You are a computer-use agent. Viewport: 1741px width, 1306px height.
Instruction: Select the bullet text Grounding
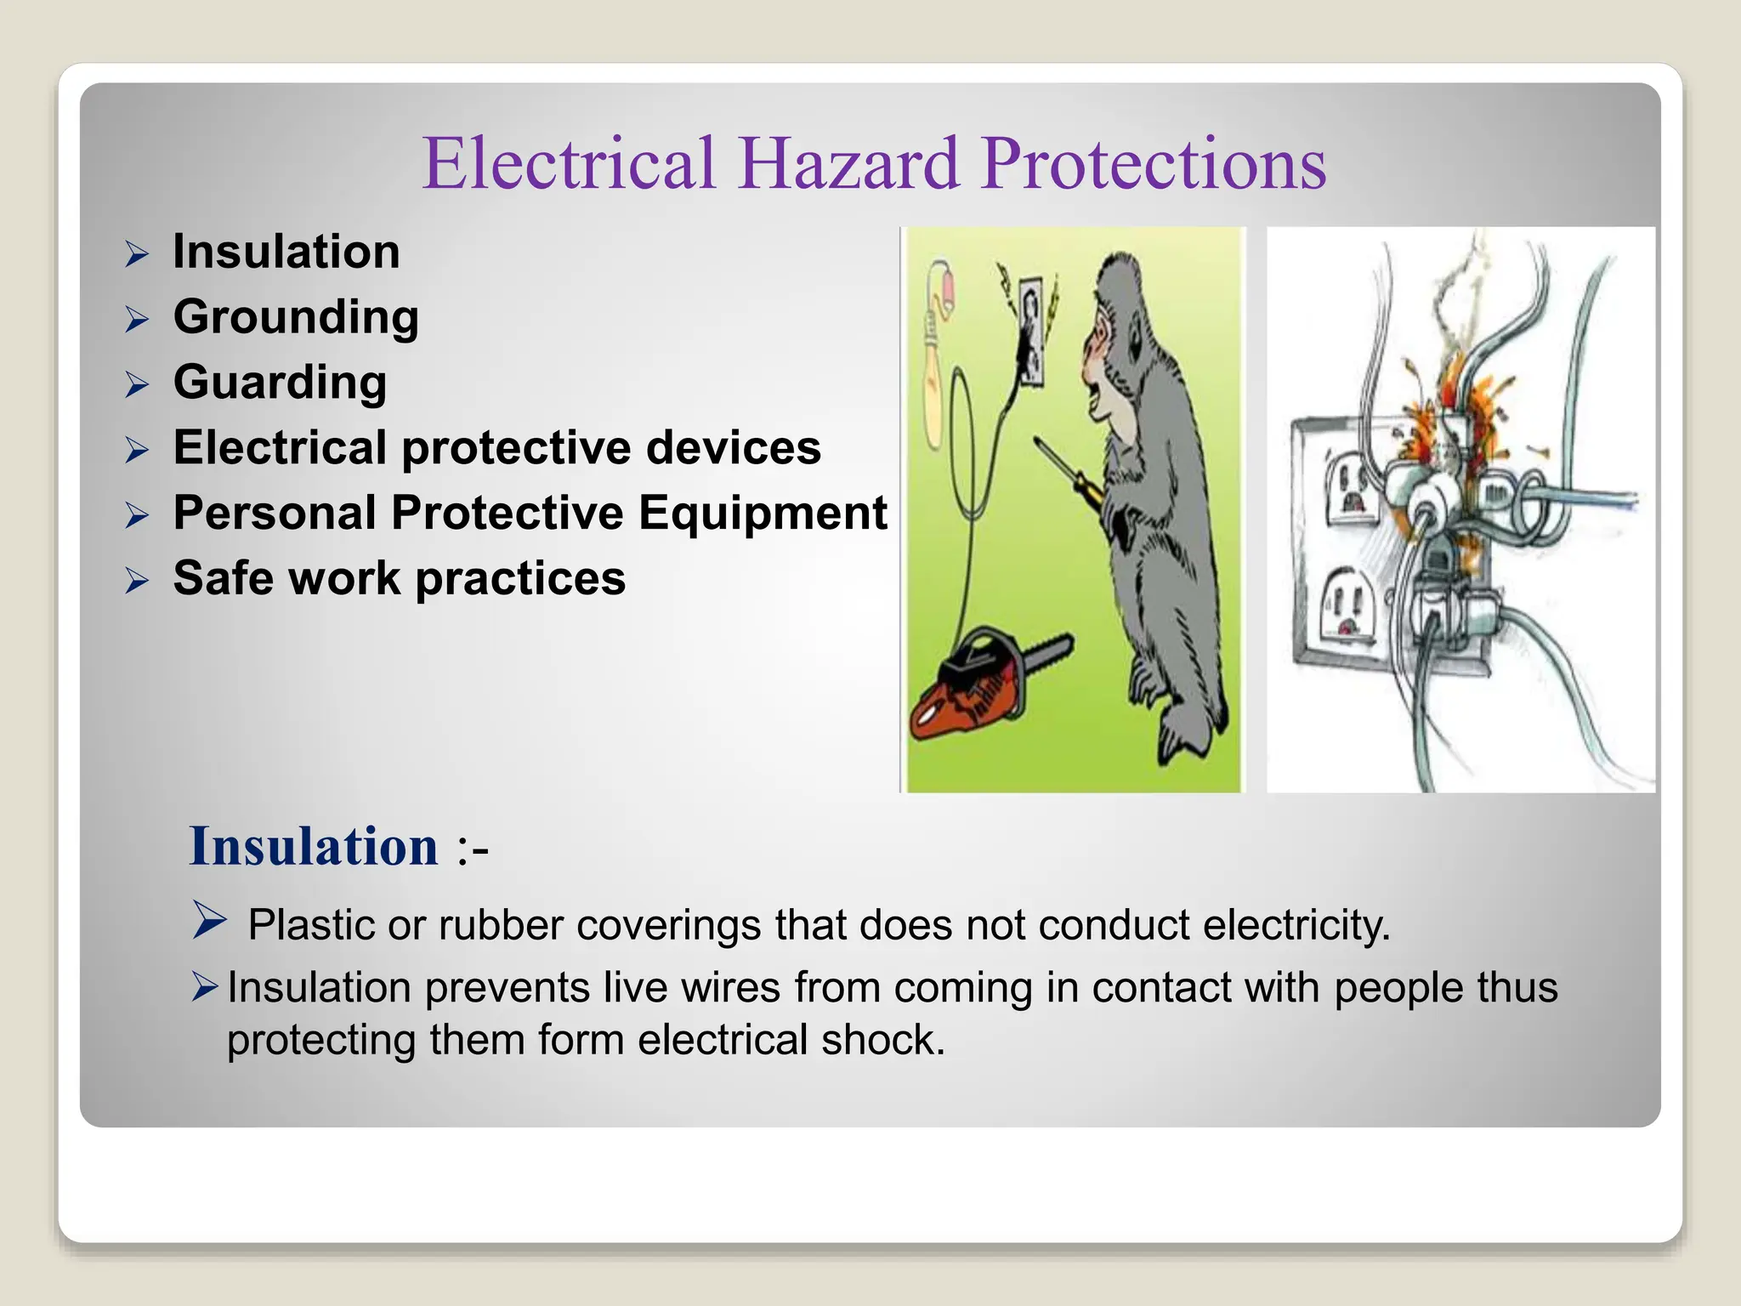click(x=296, y=317)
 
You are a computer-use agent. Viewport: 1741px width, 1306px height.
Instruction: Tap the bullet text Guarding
click(x=280, y=382)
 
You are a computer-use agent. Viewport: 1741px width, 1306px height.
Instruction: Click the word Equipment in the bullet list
click(x=763, y=513)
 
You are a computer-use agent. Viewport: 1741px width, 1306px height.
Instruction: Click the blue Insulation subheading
click(x=314, y=847)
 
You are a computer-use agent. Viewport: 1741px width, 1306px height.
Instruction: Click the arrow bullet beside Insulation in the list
click(x=137, y=253)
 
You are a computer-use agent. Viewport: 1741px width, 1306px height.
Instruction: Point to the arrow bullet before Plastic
click(x=209, y=920)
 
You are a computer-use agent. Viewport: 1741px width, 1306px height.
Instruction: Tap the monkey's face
click(x=1105, y=357)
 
